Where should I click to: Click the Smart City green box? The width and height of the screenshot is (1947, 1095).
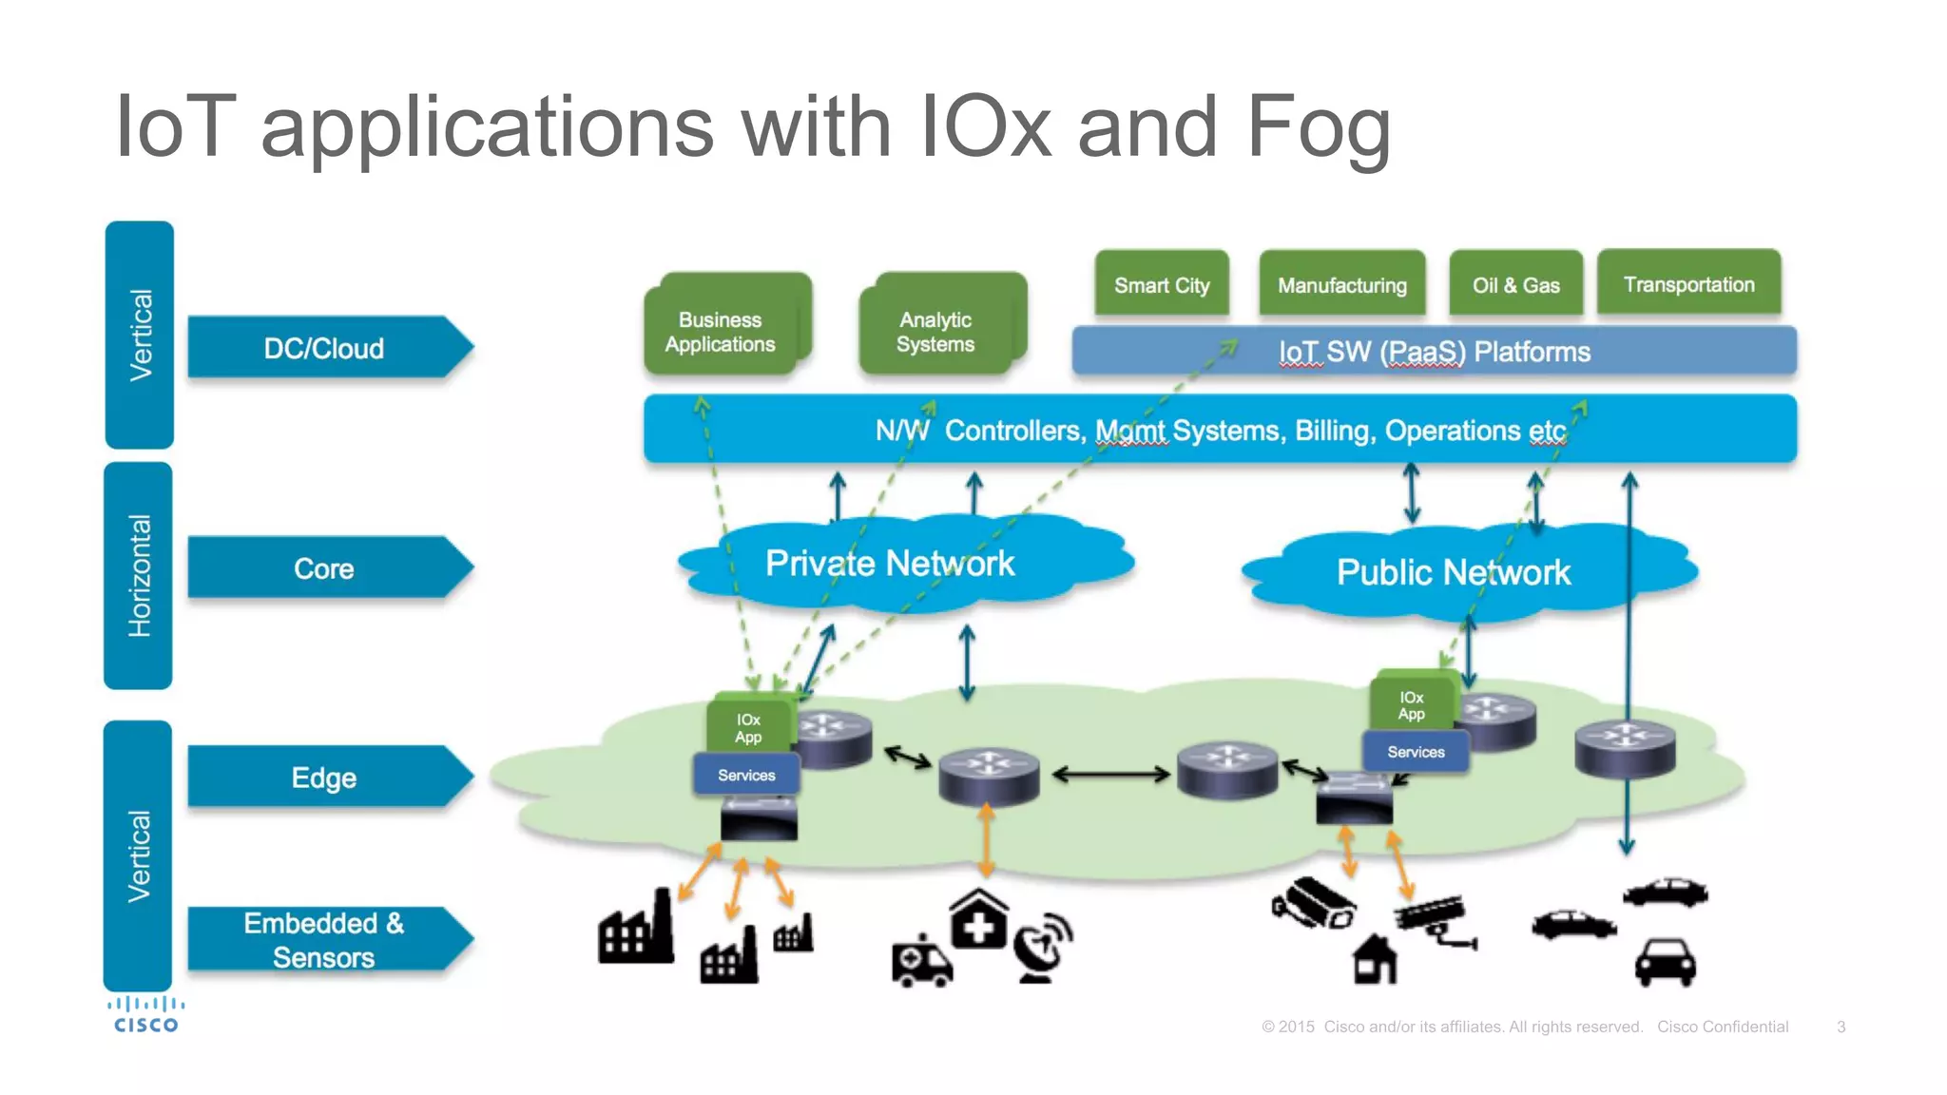(1161, 284)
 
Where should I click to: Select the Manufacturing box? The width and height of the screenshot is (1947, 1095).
(1341, 284)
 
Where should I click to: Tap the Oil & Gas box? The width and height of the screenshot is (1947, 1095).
(1515, 284)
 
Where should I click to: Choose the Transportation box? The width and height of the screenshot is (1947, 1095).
(1688, 283)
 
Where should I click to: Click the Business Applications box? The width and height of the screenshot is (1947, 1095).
(720, 332)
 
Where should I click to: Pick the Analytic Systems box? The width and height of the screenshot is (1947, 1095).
(935, 332)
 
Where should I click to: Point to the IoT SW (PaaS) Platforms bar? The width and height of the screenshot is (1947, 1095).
(1434, 352)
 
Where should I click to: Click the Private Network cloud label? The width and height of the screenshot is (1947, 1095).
(890, 564)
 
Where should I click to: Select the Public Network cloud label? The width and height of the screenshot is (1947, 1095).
(1453, 572)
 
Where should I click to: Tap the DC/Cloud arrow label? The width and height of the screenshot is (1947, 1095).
(324, 348)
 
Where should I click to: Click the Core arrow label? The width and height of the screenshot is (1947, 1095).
(324, 568)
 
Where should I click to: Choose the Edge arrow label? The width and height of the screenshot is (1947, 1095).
(324, 778)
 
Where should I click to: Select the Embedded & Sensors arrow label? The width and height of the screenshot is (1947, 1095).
(324, 939)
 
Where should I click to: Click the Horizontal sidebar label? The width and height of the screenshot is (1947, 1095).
(139, 576)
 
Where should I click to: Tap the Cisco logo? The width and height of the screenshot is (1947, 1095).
(145, 1014)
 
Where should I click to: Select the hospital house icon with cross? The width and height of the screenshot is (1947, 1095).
(979, 919)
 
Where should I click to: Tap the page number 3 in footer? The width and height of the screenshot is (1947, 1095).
(1841, 1027)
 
